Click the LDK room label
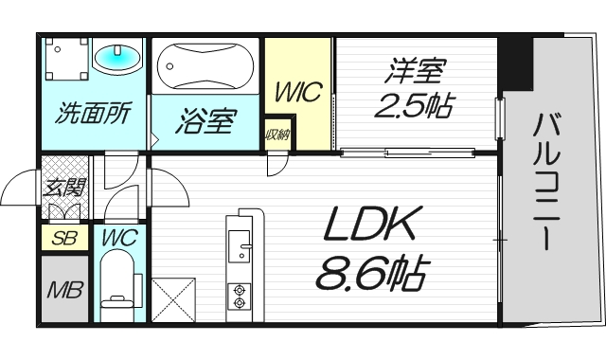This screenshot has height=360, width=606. click(x=370, y=225)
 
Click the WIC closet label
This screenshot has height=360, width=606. click(x=298, y=92)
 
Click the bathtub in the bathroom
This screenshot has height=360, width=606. click(x=205, y=65)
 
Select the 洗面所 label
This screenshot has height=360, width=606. click(x=94, y=113)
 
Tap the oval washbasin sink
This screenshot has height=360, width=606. click(x=117, y=58)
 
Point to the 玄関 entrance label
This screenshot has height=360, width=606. click(x=64, y=188)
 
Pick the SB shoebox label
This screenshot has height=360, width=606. click(x=65, y=238)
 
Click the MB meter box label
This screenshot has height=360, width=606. click(x=65, y=289)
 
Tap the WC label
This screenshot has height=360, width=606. click(x=120, y=237)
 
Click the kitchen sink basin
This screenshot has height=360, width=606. click(x=240, y=246)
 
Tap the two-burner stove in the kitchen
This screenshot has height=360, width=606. click(x=240, y=297)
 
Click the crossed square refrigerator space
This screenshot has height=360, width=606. click(x=173, y=299)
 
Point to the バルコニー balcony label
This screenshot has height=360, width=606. click(x=546, y=182)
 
